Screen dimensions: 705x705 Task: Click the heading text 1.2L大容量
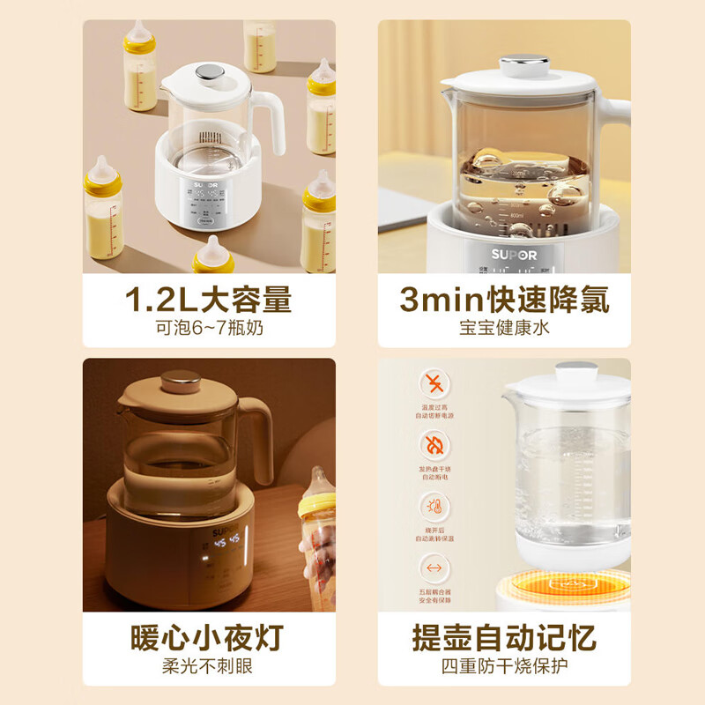pyautogui.click(x=209, y=300)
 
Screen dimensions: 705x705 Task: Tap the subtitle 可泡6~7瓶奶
pyautogui.click(x=209, y=329)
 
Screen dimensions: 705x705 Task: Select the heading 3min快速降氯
pyautogui.click(x=504, y=300)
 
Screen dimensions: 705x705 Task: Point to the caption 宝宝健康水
pyautogui.click(x=504, y=329)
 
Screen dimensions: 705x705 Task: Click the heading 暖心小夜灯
pyautogui.click(x=209, y=637)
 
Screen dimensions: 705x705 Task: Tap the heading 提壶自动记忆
pyautogui.click(x=504, y=637)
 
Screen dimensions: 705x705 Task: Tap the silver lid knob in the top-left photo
pyautogui.click(x=208, y=71)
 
